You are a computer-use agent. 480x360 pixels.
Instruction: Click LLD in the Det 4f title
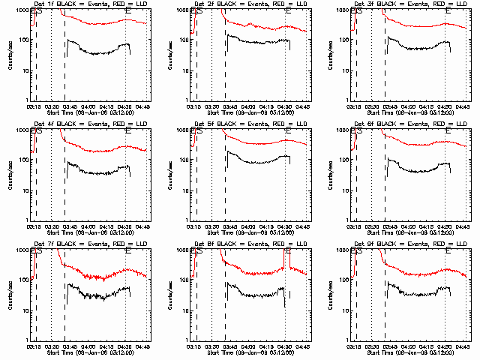click(140, 123)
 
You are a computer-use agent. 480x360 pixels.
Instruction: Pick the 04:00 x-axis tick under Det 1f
click(88, 106)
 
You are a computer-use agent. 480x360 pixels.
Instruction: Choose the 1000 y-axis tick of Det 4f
click(22, 130)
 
